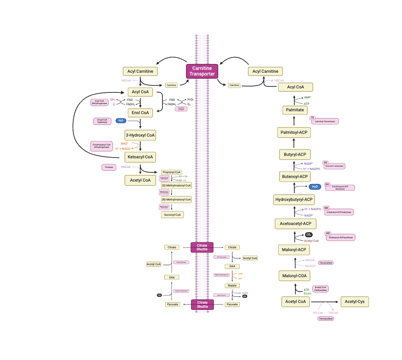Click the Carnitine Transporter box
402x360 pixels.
point(202,71)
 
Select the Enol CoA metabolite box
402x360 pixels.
point(140,113)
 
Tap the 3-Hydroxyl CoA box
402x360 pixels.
point(140,135)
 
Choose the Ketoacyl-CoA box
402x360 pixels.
point(140,157)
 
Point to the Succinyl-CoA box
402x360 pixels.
point(172,215)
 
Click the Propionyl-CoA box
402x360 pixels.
point(172,172)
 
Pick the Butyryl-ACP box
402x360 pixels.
point(295,154)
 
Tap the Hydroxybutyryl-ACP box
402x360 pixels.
point(294,199)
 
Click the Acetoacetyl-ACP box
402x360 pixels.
point(295,223)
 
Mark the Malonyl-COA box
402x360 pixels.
point(294,276)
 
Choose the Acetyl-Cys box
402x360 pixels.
point(355,302)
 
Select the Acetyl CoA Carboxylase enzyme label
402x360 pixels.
point(320,288)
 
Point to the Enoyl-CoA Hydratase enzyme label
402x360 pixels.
point(103,121)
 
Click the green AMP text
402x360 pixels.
point(307,98)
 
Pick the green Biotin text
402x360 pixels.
point(308,294)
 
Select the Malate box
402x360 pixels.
point(232,285)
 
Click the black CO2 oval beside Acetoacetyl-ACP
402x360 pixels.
point(309,235)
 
